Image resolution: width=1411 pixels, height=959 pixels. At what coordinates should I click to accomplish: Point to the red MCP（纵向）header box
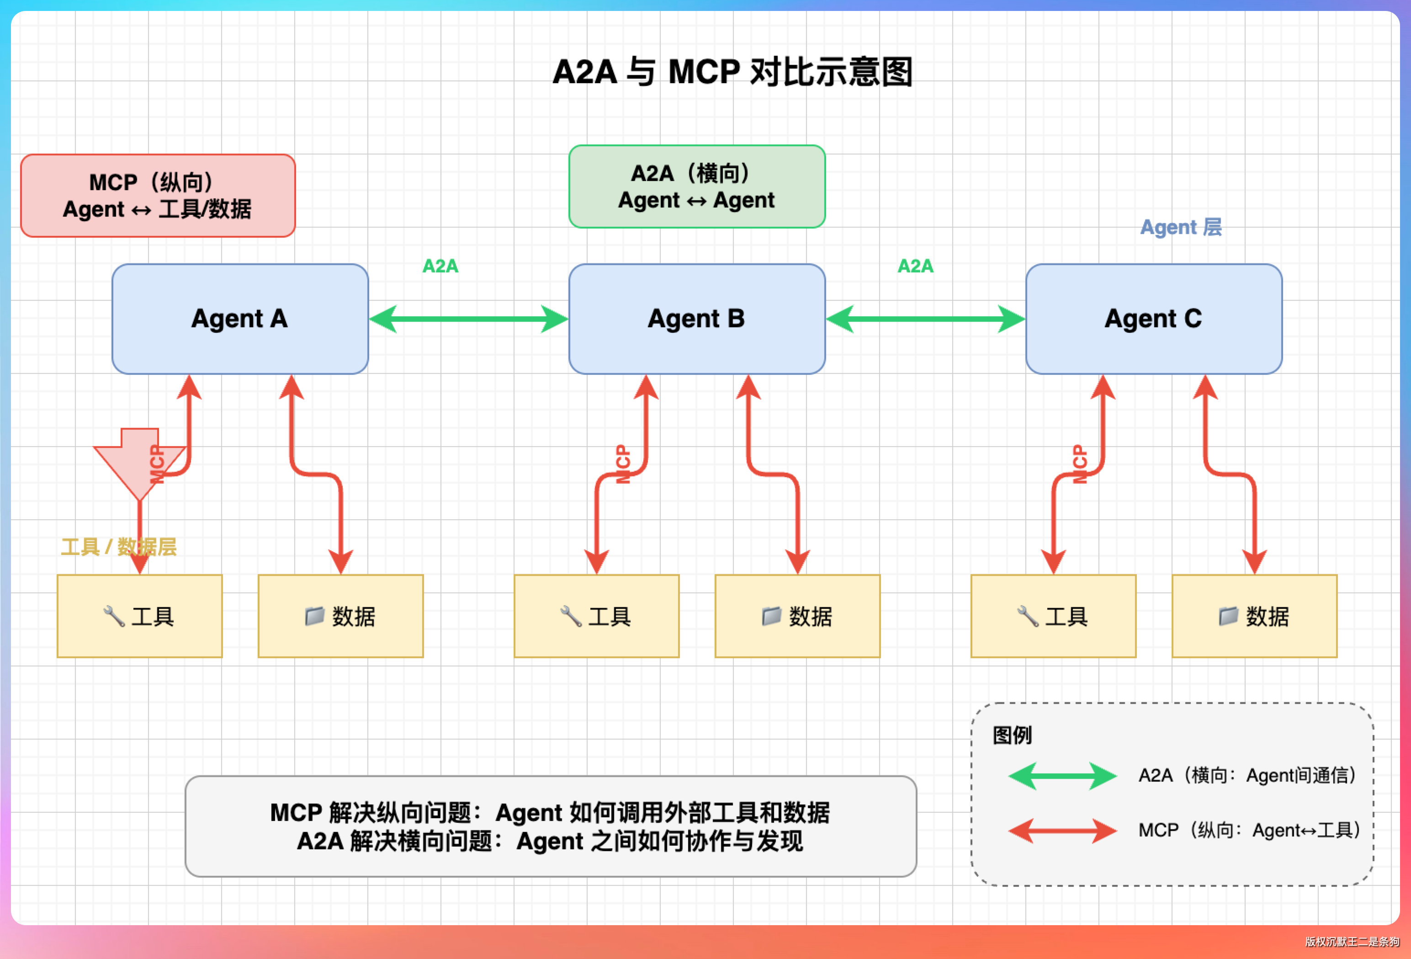(x=158, y=196)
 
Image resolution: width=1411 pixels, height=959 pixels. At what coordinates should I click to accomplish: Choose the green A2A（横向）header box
(x=696, y=186)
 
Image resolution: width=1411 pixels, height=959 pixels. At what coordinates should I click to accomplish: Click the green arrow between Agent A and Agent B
(x=468, y=319)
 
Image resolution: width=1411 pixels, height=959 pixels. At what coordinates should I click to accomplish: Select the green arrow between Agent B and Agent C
(x=925, y=319)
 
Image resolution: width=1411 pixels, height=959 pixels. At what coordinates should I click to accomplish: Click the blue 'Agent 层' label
(x=1180, y=227)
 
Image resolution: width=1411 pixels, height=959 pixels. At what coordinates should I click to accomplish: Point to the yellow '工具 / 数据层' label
(x=118, y=547)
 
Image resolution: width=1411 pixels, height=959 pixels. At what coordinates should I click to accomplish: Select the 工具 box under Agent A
(x=140, y=616)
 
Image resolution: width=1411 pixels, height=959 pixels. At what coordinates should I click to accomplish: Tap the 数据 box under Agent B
(x=797, y=616)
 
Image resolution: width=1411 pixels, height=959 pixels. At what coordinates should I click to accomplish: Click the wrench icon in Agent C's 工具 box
(x=1027, y=616)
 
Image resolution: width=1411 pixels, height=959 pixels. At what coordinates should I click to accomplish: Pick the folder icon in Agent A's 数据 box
(x=314, y=616)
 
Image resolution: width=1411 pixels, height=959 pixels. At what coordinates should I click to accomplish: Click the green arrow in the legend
(x=1062, y=776)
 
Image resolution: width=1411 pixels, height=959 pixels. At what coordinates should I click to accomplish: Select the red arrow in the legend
(x=1062, y=830)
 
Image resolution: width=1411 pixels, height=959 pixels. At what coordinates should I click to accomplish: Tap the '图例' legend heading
(x=1012, y=735)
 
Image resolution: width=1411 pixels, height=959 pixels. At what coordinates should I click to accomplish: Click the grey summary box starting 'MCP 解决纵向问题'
(x=550, y=826)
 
